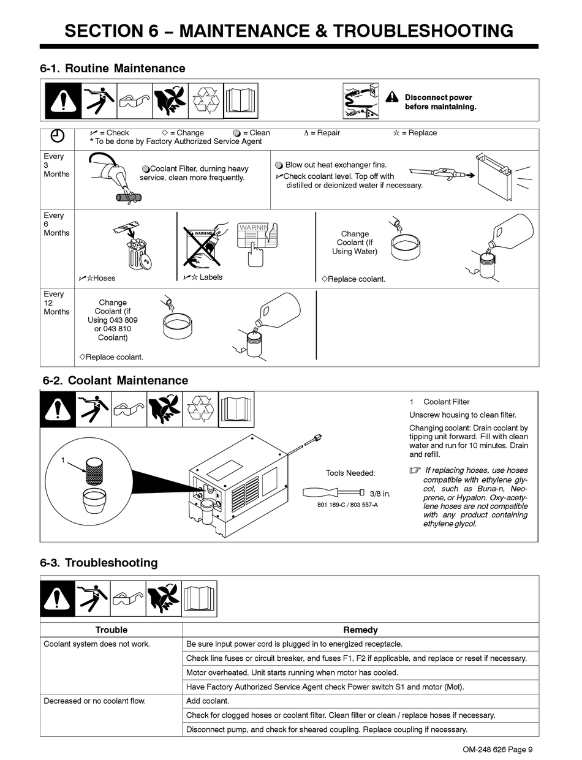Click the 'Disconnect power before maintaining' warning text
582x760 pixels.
[440, 102]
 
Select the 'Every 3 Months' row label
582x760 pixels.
[56, 165]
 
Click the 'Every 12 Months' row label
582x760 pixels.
[56, 303]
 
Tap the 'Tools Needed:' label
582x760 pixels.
[350, 473]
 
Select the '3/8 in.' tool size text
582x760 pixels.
[380, 493]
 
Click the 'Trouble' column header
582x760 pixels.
[111, 630]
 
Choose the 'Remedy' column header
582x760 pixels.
[360, 630]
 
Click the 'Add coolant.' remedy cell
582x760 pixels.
[208, 701]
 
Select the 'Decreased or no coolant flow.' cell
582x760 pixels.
[94, 701]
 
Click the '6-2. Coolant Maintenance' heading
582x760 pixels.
[115, 380]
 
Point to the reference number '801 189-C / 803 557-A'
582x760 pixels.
[347, 505]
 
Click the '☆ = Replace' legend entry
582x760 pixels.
[415, 133]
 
